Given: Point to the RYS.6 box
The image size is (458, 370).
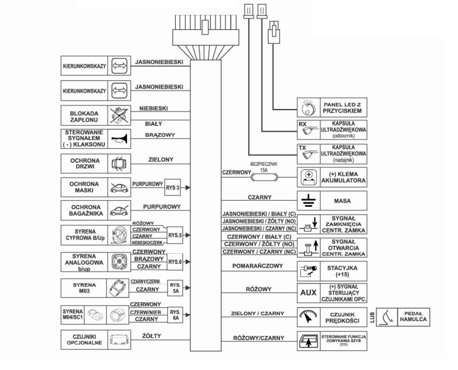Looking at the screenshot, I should [175, 261].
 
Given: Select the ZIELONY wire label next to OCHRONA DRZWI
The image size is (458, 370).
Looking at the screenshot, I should [160, 160].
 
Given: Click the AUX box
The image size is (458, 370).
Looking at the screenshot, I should [308, 292].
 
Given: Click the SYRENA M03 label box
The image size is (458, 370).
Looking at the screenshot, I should [85, 288].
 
